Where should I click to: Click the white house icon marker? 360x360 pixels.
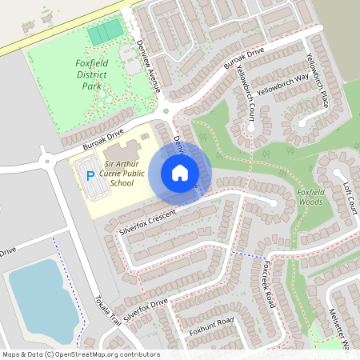click(180, 173)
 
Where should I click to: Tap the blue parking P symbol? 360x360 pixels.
click(91, 174)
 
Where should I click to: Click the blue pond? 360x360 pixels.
click(39, 292)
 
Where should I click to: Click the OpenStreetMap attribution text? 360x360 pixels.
click(80, 354)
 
